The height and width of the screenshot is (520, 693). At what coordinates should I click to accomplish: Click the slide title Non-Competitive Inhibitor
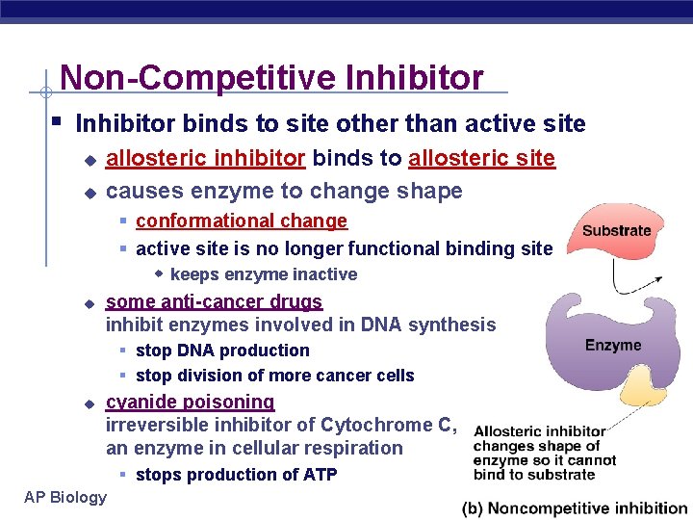pos(270,77)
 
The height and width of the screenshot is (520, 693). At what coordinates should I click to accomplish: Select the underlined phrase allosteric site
pos(481,158)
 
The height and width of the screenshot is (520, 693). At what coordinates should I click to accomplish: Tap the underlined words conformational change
pos(241,221)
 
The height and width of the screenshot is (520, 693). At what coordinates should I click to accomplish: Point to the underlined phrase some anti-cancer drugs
pos(214,301)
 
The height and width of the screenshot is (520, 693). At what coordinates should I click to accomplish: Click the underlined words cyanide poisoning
pos(190,402)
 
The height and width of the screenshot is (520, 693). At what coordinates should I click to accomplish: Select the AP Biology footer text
pos(64,497)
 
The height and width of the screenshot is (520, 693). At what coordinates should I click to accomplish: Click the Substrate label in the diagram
pos(616,230)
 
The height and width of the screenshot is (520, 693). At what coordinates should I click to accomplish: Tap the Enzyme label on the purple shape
pos(612,345)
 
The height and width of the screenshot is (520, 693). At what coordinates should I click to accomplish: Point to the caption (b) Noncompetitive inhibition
pos(574,507)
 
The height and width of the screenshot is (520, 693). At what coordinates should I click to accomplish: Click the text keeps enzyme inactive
pos(263,274)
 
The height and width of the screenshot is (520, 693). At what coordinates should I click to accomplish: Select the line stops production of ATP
pos(236,474)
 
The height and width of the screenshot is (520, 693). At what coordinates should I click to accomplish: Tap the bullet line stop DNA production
pos(222,351)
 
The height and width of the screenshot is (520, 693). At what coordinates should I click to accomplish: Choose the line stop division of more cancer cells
pos(274,376)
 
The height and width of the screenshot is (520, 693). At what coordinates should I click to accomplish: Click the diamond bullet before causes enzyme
pos(89,192)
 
